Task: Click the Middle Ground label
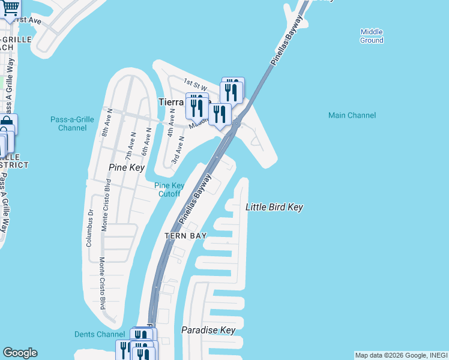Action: click(x=372, y=36)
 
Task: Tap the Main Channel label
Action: click(x=352, y=115)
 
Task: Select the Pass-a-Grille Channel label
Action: click(x=72, y=124)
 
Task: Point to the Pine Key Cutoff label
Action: click(x=169, y=190)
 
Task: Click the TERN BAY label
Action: click(x=186, y=236)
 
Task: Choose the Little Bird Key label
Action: click(x=274, y=207)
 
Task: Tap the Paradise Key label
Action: click(x=208, y=330)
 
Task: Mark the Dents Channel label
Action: click(x=100, y=334)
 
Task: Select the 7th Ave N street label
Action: click(x=128, y=144)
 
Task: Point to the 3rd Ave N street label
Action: click(x=177, y=151)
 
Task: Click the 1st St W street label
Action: click(x=195, y=82)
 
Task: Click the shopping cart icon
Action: click(x=10, y=7)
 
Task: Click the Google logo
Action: click(x=20, y=353)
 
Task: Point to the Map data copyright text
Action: click(x=401, y=355)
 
